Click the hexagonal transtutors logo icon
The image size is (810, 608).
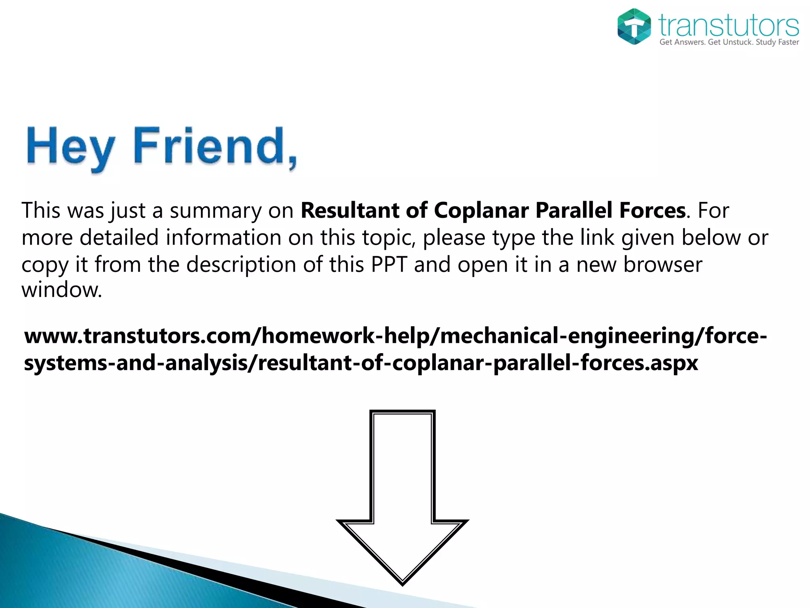click(634, 26)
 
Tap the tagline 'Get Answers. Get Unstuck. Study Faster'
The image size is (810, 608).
click(729, 42)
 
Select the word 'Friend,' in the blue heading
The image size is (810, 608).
click(215, 146)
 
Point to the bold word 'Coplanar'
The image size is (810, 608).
click(481, 210)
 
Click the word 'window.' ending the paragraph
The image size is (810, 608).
click(62, 290)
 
